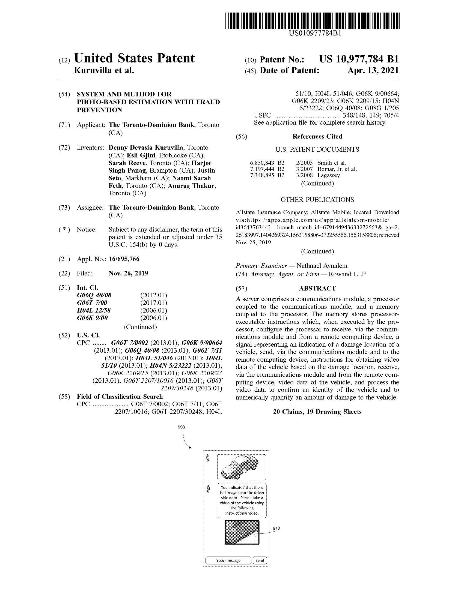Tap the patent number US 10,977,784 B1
tap(359, 59)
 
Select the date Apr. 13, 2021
tap(373, 71)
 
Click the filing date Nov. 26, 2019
tap(128, 273)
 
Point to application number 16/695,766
tap(124, 259)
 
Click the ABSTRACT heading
tap(317, 289)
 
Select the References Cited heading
tap(317, 137)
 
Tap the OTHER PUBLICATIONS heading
tap(317, 200)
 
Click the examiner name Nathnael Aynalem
tap(322, 266)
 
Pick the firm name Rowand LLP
tap(347, 274)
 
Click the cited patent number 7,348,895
tap(262, 175)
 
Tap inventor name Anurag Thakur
tap(192, 186)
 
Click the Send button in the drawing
tap(260, 560)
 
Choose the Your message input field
tap(228, 560)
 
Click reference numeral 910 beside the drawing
tap(276, 528)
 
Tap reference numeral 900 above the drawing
tap(182, 427)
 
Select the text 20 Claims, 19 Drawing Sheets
tap(317, 412)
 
